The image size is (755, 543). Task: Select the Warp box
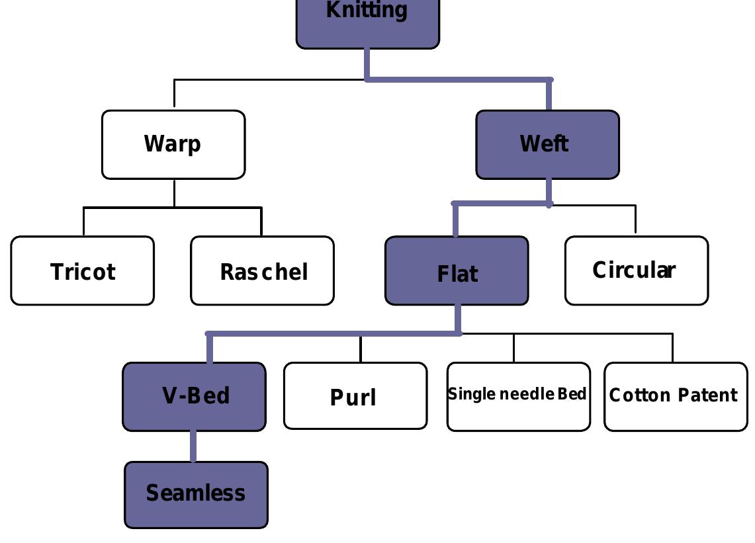pyautogui.click(x=173, y=144)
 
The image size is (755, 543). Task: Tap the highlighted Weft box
pyautogui.click(x=547, y=144)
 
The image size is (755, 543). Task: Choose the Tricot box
pyautogui.click(x=83, y=271)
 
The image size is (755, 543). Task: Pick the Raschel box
pyautogui.click(x=262, y=271)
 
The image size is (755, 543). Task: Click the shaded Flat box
pyautogui.click(x=457, y=271)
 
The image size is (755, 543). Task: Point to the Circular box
pyautogui.click(x=636, y=270)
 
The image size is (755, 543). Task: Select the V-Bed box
pyautogui.click(x=195, y=396)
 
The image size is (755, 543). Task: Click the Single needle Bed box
pyautogui.click(x=518, y=396)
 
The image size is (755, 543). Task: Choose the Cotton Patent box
pyautogui.click(x=676, y=396)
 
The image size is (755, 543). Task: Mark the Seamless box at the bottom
pyautogui.click(x=196, y=494)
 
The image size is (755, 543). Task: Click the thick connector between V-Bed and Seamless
pyautogui.click(x=193, y=446)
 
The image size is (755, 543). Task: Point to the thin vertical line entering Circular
pyautogui.click(x=636, y=220)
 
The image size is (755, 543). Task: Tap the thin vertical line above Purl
pyautogui.click(x=361, y=349)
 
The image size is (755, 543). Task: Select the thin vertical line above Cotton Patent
pyautogui.click(x=673, y=348)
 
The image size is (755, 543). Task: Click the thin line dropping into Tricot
pyautogui.click(x=84, y=222)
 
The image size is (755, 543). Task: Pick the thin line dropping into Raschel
pyautogui.click(x=261, y=222)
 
